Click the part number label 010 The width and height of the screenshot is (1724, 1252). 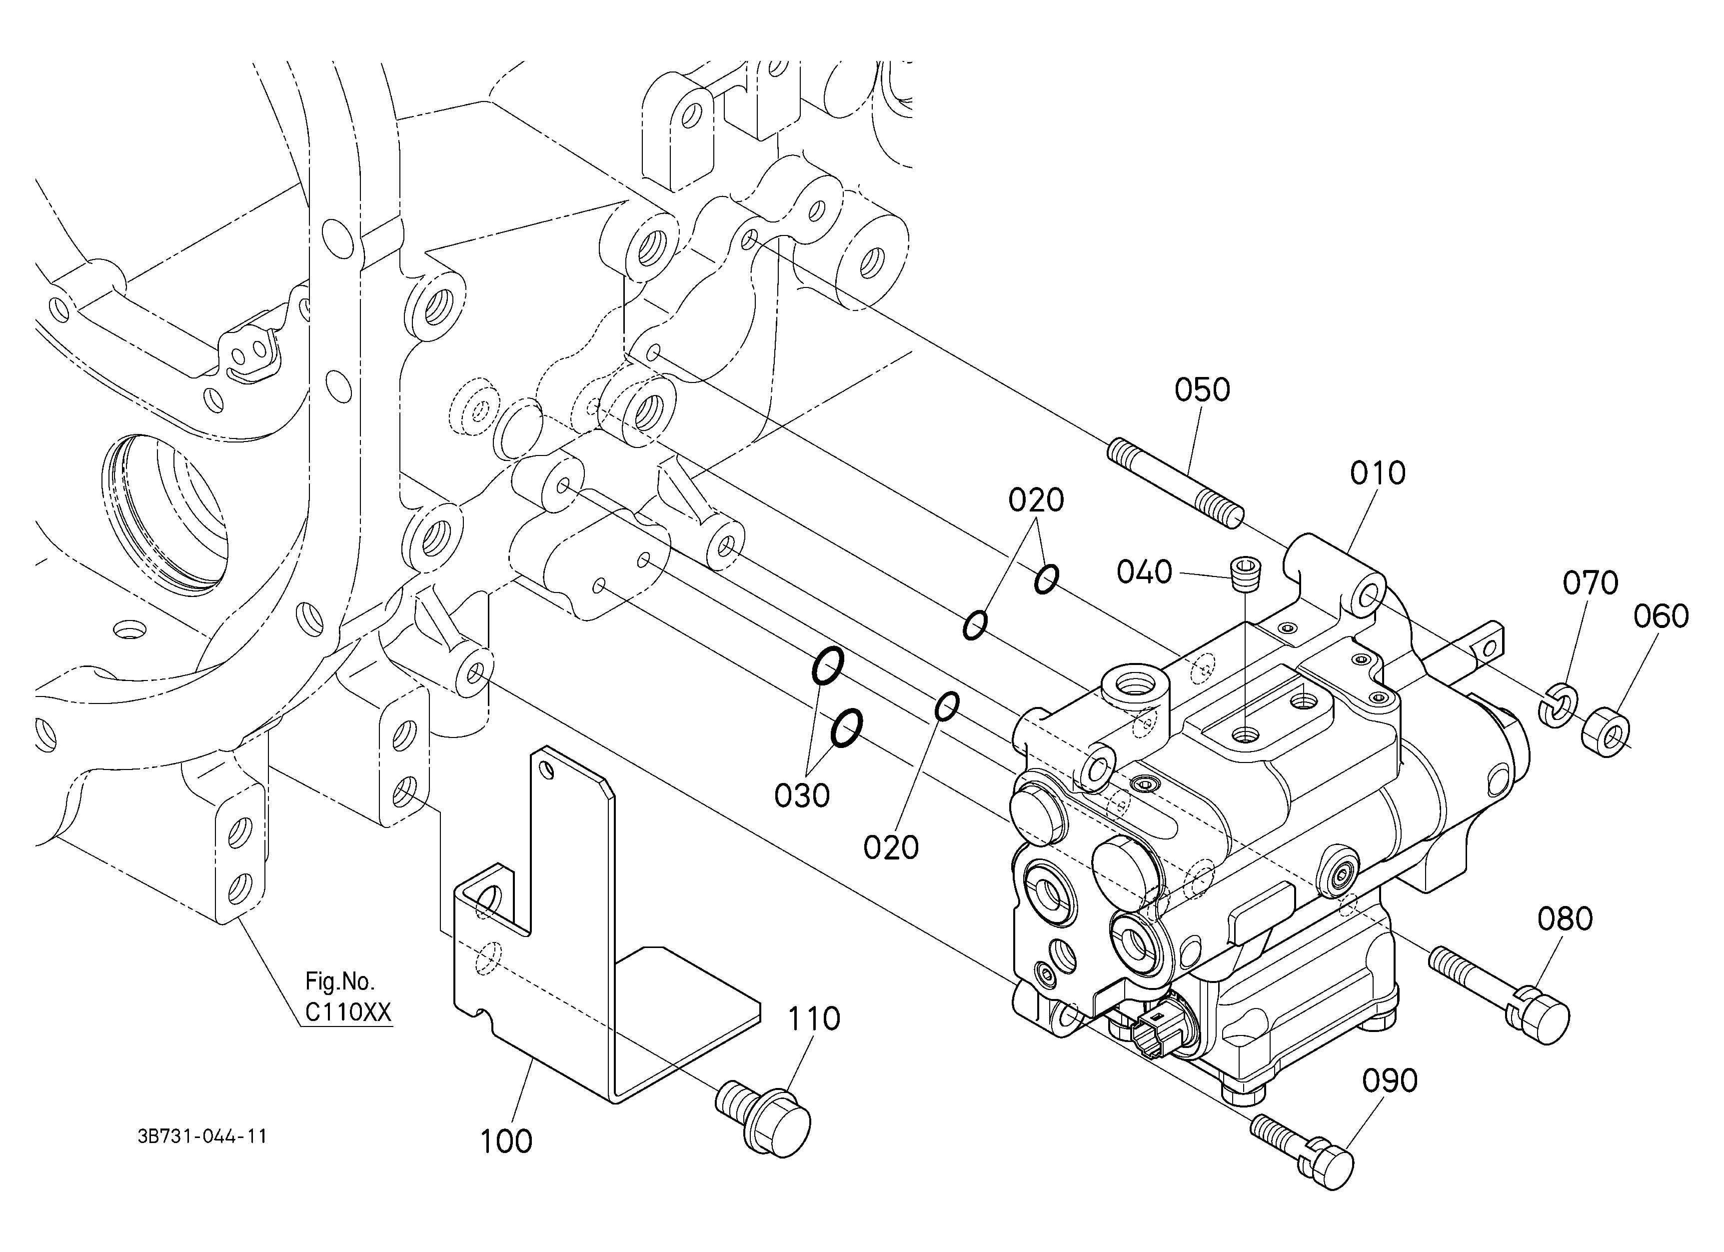(1378, 473)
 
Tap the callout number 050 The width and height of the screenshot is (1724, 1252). (1202, 390)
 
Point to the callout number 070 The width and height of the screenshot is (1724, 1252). (1590, 583)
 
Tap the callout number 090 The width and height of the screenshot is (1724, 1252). (1390, 1081)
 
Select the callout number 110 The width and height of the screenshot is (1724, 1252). (814, 1018)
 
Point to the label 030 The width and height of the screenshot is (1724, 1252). (802, 796)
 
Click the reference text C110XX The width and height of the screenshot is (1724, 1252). (348, 1012)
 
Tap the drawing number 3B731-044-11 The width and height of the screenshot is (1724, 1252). (202, 1136)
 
